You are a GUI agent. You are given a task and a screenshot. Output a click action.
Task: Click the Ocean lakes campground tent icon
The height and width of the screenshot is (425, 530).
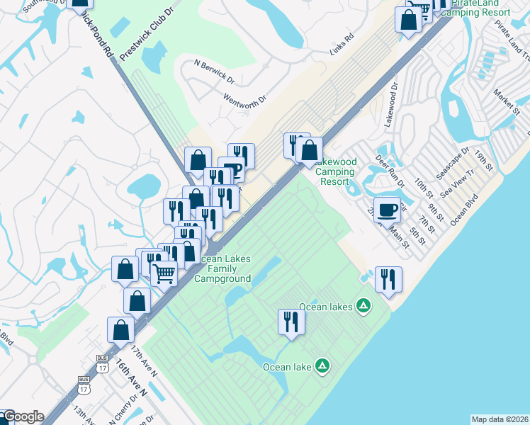pos(363,307)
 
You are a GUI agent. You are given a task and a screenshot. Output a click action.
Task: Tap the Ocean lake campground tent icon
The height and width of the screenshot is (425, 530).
pos(322,366)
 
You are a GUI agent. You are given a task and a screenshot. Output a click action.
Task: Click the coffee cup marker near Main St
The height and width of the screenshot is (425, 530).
pos(388,210)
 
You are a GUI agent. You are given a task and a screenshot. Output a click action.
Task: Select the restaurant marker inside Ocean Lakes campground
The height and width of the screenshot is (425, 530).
pos(291,322)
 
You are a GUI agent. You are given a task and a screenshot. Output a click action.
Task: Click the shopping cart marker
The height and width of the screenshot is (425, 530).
pos(164,272)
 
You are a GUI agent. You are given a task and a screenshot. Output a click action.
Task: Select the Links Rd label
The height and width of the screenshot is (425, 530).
pos(341,47)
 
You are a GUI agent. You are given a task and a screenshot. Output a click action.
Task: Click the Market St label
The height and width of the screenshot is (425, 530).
pos(507,99)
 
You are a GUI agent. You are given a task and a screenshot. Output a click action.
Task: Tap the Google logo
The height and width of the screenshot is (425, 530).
pos(23,417)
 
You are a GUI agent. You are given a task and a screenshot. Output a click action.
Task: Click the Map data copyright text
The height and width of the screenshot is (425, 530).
pos(500,419)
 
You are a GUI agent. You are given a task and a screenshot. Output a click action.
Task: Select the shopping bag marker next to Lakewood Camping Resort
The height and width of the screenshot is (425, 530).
pos(309,149)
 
